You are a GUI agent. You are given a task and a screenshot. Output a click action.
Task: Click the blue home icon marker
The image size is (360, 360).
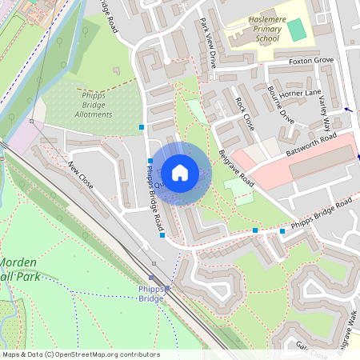[x=180, y=172]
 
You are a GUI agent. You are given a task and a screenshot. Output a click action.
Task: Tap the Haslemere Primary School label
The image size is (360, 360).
[x=254, y=31]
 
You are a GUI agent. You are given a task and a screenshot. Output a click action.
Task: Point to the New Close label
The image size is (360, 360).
[x=80, y=175]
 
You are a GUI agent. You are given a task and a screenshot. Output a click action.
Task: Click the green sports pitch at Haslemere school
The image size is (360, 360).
[x=297, y=30]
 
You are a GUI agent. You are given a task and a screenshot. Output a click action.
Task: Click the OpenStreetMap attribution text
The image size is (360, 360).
[x=81, y=354]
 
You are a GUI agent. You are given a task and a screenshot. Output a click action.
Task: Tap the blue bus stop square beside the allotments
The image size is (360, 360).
[x=142, y=126]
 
